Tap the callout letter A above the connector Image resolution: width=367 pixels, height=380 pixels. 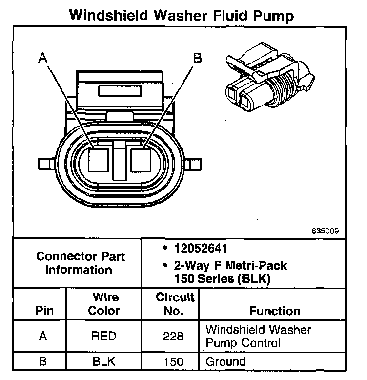pyautogui.click(x=43, y=59)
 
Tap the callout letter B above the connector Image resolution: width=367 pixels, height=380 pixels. pyautogui.click(x=197, y=59)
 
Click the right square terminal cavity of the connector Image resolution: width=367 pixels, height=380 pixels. pyautogui.click(x=143, y=159)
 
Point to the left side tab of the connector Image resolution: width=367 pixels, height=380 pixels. pyautogui.click(x=47, y=162)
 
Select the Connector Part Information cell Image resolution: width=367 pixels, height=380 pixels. pyautogui.click(x=81, y=263)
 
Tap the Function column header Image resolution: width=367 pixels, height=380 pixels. pyautogui.click(x=275, y=311)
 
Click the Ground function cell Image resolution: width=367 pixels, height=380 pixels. pyautogui.click(x=226, y=361)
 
